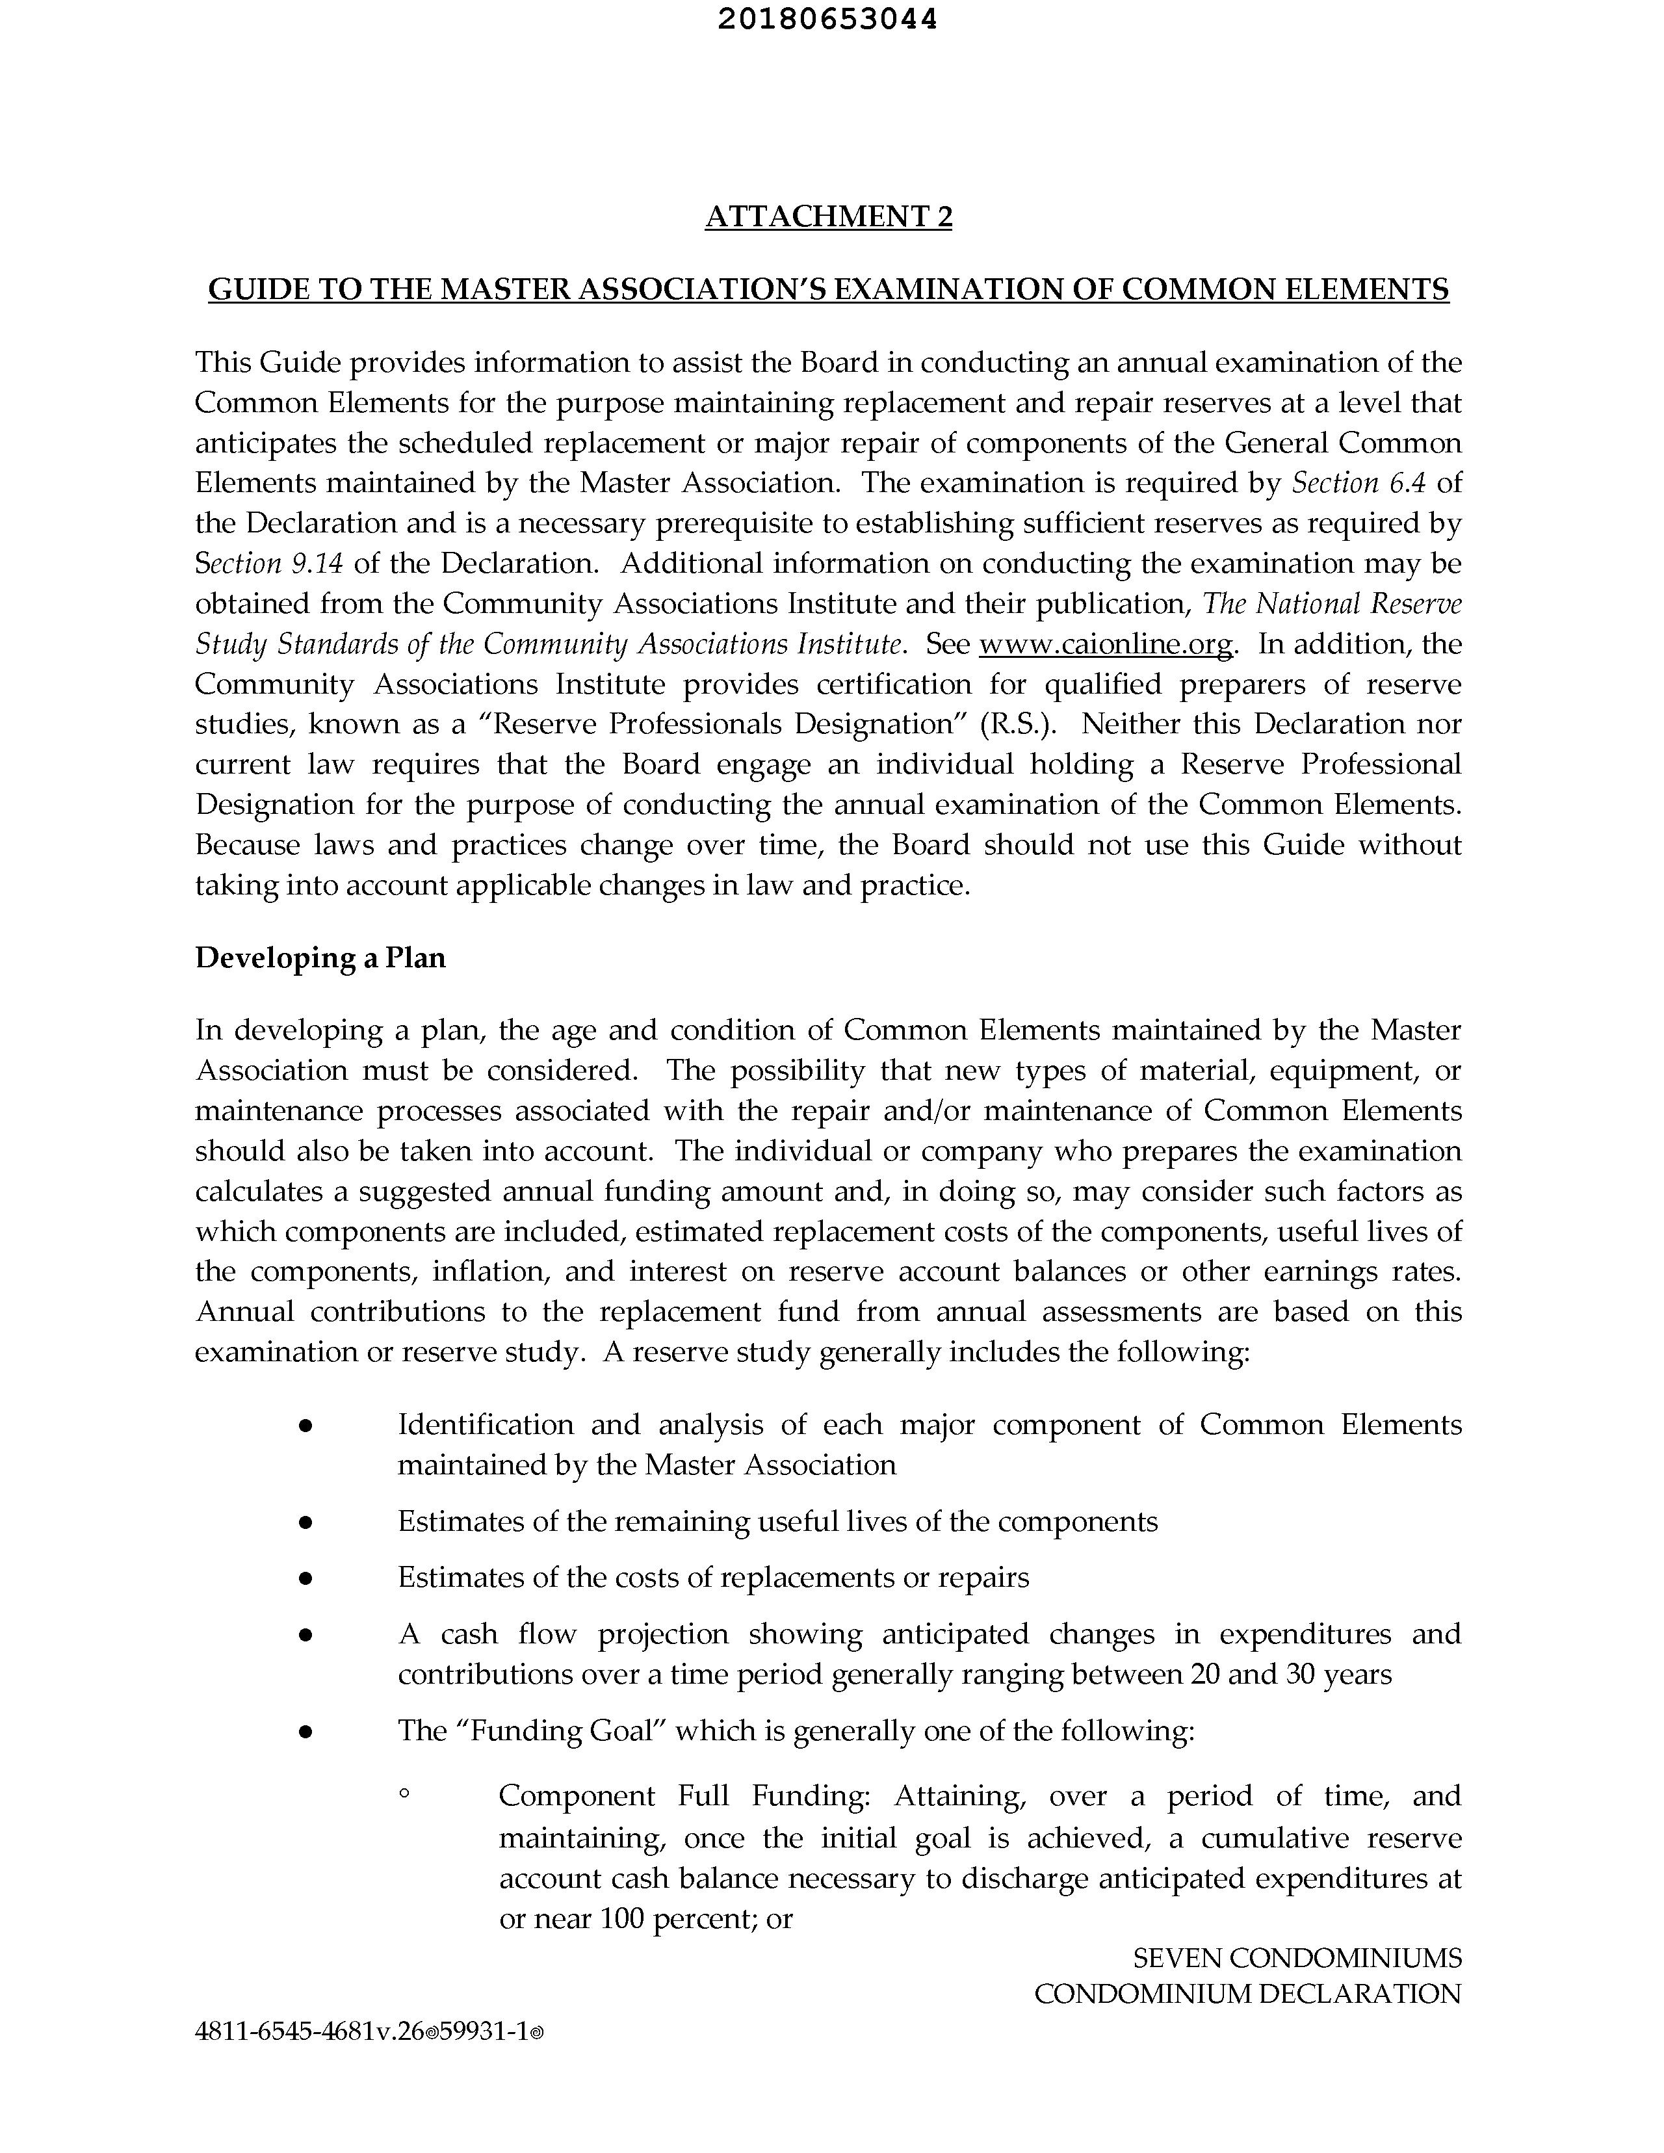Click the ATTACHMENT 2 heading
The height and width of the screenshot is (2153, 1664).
[828, 216]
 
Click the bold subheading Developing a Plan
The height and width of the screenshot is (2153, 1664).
[320, 958]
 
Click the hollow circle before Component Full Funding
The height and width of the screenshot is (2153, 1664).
[404, 1796]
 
